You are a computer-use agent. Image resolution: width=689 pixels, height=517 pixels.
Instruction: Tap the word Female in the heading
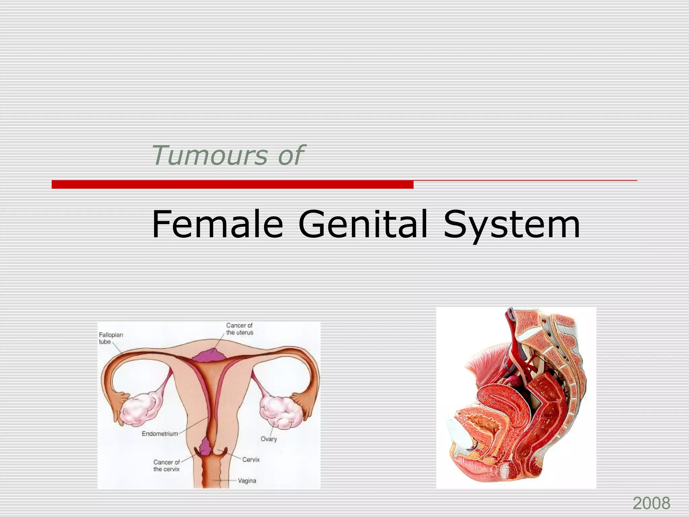[x=217, y=224]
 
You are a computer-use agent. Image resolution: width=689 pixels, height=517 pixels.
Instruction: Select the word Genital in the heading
[x=363, y=224]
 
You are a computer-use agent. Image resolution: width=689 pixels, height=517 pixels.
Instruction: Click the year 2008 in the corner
[x=651, y=504]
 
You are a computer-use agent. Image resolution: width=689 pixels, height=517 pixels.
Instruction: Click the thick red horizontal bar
[x=232, y=184]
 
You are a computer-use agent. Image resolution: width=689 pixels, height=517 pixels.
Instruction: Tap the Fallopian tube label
[x=111, y=338]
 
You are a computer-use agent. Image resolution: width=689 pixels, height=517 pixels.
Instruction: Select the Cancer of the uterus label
[x=240, y=329]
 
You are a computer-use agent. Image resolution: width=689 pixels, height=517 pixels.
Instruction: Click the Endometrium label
[x=159, y=434]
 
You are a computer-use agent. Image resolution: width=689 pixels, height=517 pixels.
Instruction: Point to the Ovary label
[x=268, y=439]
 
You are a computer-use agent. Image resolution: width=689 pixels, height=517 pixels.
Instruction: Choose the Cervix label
[x=251, y=459]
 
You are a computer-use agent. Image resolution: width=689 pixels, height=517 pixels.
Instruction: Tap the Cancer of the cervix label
[x=167, y=466]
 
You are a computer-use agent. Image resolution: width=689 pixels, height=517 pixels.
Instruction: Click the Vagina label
[x=247, y=481]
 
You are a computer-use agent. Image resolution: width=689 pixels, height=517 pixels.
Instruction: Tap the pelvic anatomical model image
[x=516, y=397]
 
